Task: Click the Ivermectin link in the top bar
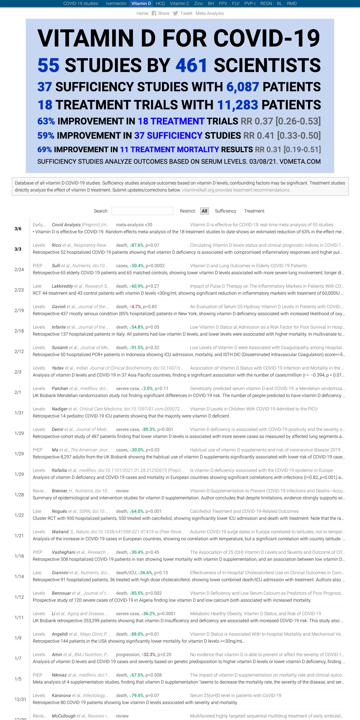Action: pyautogui.click(x=116, y=4)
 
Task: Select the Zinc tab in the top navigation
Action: pyautogui.click(x=199, y=4)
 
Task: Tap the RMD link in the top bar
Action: pyautogui.click(x=292, y=4)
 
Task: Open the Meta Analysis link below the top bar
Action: pyautogui.click(x=209, y=13)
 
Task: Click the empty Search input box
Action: pyautogui.click(x=142, y=211)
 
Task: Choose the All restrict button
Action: pyautogui.click(x=204, y=211)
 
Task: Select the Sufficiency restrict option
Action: pyautogui.click(x=225, y=211)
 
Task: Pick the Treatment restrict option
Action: pyautogui.click(x=254, y=211)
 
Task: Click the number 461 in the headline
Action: pyautogui.click(x=191, y=65)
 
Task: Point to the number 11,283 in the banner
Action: pyautogui.click(x=237, y=105)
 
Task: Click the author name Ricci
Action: pyautogui.click(x=57, y=245)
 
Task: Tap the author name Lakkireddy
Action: pyautogui.click(x=62, y=286)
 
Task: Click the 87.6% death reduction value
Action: pyautogui.click(x=137, y=245)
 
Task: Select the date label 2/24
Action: pyautogui.click(x=19, y=269)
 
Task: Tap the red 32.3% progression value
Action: pyautogui.click(x=149, y=655)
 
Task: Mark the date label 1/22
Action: pyautogui.click(x=19, y=515)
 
